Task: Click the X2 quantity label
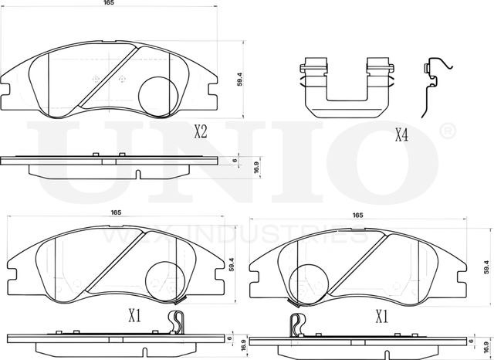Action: click(200, 132)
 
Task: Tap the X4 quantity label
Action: click(401, 136)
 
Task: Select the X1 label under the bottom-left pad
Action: click(135, 316)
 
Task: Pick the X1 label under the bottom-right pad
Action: click(381, 317)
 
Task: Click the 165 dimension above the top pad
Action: click(108, 5)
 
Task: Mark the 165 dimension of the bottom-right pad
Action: click(358, 216)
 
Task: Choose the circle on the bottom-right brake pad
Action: click(313, 282)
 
